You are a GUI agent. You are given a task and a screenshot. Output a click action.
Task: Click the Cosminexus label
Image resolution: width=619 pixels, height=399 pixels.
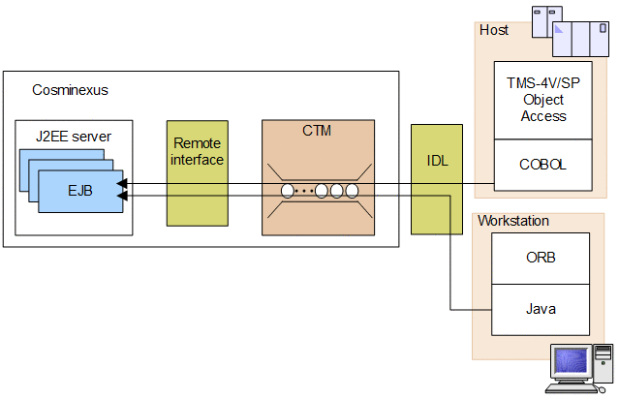[x=71, y=90]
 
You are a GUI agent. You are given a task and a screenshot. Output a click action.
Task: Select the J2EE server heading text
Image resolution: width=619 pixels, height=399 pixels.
[x=73, y=137]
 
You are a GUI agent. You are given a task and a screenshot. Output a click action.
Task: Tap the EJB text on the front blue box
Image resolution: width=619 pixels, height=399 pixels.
[x=80, y=190]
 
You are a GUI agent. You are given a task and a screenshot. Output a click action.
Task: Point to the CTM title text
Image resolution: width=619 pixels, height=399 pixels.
[x=317, y=131]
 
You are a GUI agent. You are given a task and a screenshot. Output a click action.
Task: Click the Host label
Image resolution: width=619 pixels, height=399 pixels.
[x=494, y=30]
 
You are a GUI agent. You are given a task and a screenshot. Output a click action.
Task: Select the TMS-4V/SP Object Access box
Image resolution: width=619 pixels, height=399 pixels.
[x=542, y=100]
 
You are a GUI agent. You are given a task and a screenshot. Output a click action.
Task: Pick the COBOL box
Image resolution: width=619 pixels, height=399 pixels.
[x=542, y=165]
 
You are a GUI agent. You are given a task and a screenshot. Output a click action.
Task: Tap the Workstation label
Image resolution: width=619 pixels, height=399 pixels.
[x=512, y=221]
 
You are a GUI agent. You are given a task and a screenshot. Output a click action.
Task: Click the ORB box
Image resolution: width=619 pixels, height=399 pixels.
[x=541, y=259]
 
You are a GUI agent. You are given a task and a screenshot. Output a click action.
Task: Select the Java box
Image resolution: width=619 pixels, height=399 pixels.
[x=541, y=310]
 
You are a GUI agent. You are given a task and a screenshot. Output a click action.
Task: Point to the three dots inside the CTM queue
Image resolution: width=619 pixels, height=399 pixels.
[x=305, y=191]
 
